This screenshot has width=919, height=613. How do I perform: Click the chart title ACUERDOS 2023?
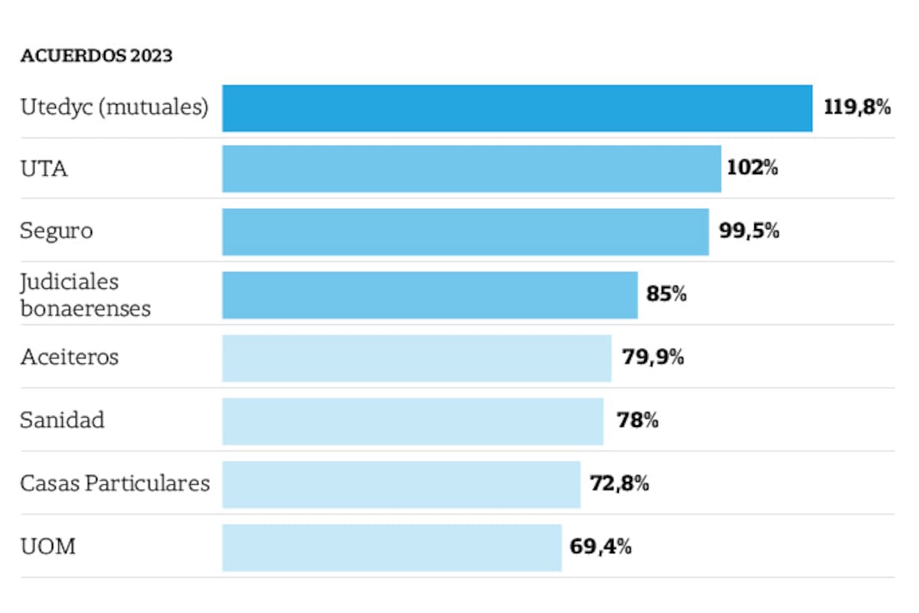click(x=96, y=57)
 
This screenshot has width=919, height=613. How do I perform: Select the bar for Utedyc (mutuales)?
click(x=517, y=108)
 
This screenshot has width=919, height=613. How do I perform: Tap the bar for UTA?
click(x=471, y=169)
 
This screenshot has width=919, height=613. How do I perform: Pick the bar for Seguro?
click(x=465, y=231)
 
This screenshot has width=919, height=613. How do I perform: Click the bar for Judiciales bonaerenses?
click(x=430, y=294)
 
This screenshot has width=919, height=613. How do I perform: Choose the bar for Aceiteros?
click(x=417, y=358)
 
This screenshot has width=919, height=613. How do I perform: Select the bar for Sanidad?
click(x=413, y=421)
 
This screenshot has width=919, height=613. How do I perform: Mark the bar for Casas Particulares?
click(x=401, y=484)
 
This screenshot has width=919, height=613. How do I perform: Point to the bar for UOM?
click(x=391, y=547)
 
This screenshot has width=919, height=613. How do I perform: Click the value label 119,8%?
click(x=857, y=107)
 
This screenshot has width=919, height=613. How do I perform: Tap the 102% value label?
click(x=752, y=168)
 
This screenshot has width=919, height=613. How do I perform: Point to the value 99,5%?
click(x=749, y=231)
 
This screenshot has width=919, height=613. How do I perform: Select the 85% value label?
click(x=666, y=294)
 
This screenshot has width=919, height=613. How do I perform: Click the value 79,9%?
click(x=652, y=357)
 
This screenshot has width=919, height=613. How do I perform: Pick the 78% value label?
click(x=637, y=421)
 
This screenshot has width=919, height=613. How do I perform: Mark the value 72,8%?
click(x=620, y=484)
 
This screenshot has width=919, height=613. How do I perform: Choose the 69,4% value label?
click(x=601, y=547)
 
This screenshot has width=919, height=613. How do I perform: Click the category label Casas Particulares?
click(x=115, y=484)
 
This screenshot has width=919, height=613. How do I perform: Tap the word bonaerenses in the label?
click(x=86, y=308)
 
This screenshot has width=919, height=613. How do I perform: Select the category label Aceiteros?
click(x=70, y=357)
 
